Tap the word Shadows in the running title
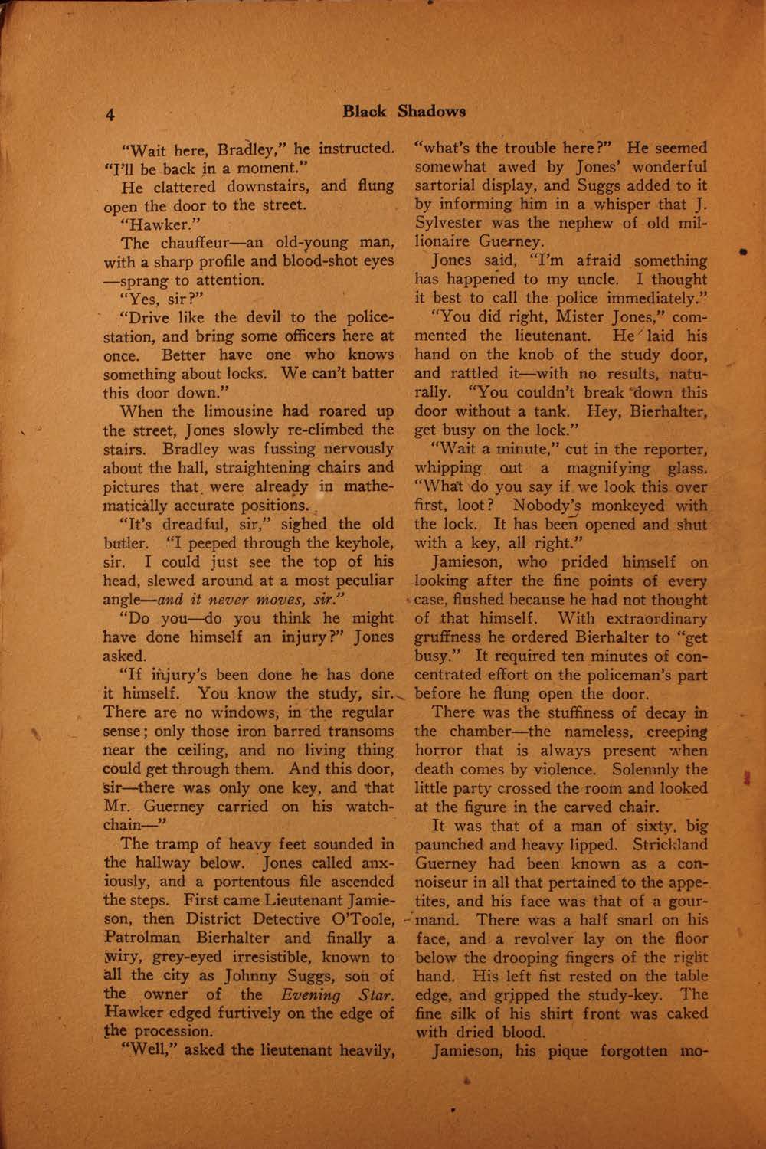click(x=431, y=112)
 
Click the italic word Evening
click(x=309, y=994)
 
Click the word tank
click(x=545, y=411)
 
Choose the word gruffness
click(x=452, y=637)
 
